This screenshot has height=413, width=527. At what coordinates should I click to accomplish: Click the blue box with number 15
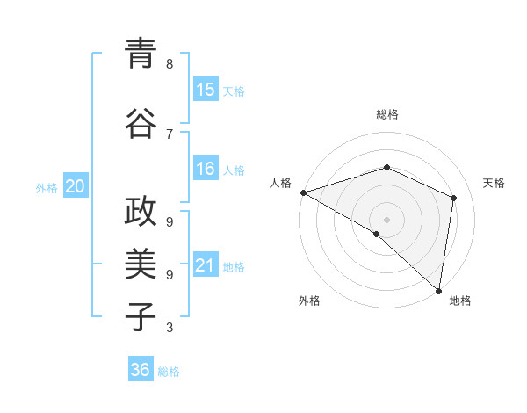pyautogui.click(x=206, y=90)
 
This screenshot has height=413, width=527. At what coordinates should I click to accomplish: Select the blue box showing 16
pyautogui.click(x=206, y=169)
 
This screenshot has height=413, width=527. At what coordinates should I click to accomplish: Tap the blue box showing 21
pyautogui.click(x=206, y=265)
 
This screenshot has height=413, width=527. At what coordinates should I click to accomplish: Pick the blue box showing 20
pyautogui.click(x=76, y=186)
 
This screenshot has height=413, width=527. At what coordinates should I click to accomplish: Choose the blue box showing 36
pyautogui.click(x=141, y=370)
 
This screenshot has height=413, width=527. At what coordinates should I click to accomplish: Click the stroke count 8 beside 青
pyautogui.click(x=170, y=64)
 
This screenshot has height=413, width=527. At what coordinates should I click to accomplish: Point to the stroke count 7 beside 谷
pyautogui.click(x=170, y=134)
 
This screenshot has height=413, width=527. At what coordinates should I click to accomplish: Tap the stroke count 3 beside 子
pyautogui.click(x=170, y=328)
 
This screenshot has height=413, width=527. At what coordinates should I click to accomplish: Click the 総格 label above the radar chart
pyautogui.click(x=386, y=114)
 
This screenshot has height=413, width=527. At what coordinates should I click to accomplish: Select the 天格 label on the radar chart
pyautogui.click(x=494, y=183)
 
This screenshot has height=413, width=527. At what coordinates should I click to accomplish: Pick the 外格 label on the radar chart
pyautogui.click(x=309, y=301)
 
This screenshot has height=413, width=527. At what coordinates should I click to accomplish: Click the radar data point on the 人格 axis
pyautogui.click(x=303, y=192)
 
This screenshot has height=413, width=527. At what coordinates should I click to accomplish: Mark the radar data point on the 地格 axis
pyautogui.click(x=438, y=290)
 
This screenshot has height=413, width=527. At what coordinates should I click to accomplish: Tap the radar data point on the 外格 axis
pyautogui.click(x=377, y=234)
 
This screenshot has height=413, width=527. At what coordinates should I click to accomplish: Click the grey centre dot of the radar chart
pyautogui.click(x=386, y=220)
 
